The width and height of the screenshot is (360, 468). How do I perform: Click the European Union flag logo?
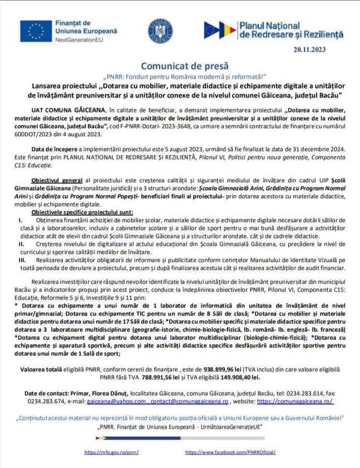36,31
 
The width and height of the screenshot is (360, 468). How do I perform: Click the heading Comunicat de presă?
179,66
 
